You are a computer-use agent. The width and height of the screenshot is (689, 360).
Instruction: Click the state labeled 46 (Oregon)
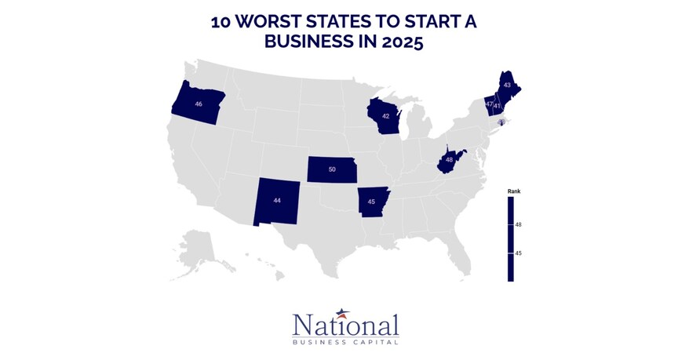tap(198, 104)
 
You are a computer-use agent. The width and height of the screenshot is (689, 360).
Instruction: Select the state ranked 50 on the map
tap(331, 169)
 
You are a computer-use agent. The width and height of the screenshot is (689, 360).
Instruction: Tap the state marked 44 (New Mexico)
tap(276, 200)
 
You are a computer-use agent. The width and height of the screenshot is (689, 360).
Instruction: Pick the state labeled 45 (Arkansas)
tap(372, 202)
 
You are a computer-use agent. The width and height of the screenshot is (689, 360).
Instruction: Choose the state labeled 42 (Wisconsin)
tap(385, 116)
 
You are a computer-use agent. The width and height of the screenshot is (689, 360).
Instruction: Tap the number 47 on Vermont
tap(489, 104)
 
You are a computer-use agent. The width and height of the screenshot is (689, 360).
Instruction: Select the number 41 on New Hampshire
tap(498, 105)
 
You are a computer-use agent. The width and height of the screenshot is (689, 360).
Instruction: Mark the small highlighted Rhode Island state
tap(501, 122)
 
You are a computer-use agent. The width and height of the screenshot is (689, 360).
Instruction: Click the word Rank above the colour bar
tap(514, 191)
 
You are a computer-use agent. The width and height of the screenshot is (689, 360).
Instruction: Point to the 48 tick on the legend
tap(519, 225)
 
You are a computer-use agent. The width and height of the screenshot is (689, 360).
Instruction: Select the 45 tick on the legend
tap(519, 253)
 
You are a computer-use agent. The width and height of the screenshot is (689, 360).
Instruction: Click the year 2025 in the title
tap(400, 42)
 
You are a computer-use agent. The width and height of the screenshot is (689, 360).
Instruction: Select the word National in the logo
tap(345, 326)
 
